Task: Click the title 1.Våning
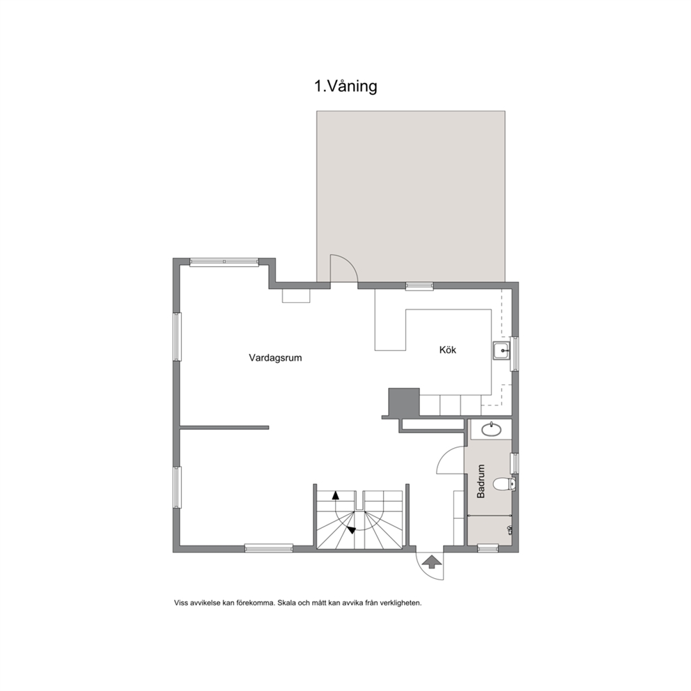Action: tap(345, 86)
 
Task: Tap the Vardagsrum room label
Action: tap(275, 358)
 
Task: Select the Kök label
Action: tap(448, 350)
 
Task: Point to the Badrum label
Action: tap(481, 481)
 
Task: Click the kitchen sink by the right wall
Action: tap(502, 351)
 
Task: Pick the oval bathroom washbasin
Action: tap(491, 429)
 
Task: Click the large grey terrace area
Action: tap(411, 196)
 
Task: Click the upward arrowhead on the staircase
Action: tap(336, 495)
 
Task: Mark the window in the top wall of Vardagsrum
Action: tap(224, 262)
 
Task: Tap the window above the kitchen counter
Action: tap(419, 286)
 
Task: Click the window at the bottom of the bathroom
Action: tap(488, 548)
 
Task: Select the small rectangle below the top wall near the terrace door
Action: tap(296, 296)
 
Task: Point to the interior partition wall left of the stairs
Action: tap(224, 428)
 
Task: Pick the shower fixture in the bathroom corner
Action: tap(510, 529)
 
